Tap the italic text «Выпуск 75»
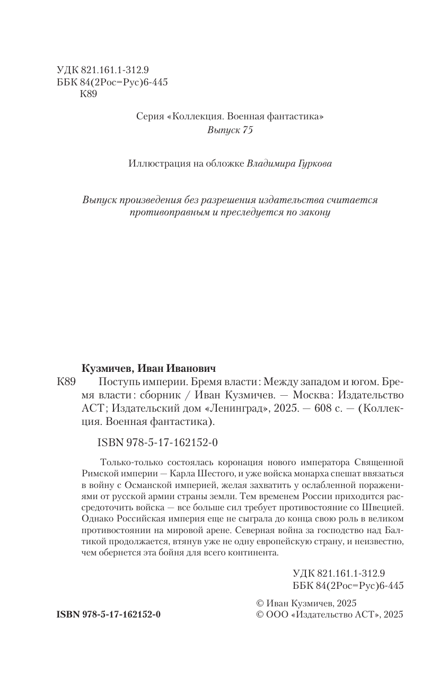point(230,131)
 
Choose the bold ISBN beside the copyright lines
point(108,614)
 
